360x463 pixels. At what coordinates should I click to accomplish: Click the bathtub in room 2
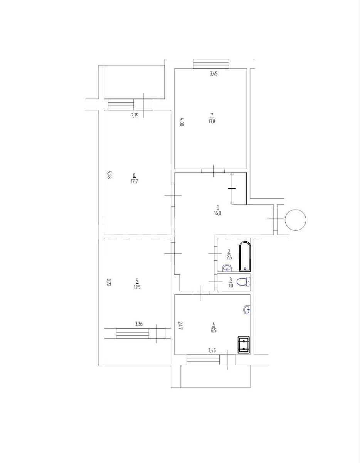(x=245, y=256)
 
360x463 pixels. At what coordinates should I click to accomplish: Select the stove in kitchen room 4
(x=244, y=345)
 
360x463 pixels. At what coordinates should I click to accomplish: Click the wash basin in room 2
(x=227, y=268)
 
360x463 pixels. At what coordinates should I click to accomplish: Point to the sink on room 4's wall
(x=247, y=310)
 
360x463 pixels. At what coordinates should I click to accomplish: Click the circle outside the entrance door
(x=295, y=220)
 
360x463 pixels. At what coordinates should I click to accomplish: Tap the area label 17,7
(x=134, y=182)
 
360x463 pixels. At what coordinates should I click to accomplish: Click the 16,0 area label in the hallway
(x=217, y=213)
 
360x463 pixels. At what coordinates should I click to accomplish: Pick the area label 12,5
(x=137, y=287)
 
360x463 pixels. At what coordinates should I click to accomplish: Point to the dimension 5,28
(x=109, y=175)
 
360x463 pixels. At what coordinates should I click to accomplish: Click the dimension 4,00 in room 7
(x=182, y=123)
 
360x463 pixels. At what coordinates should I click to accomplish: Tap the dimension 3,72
(x=109, y=282)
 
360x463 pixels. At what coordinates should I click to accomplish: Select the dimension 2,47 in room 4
(x=180, y=325)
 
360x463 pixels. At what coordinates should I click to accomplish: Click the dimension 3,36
(x=138, y=324)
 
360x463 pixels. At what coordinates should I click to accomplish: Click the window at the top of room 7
(x=211, y=64)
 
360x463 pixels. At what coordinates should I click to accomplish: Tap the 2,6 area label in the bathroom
(x=229, y=258)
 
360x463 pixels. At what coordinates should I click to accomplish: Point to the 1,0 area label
(x=230, y=286)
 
